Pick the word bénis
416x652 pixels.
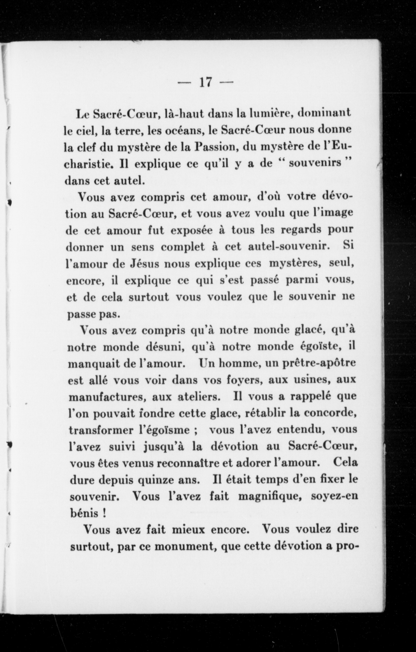tap(84, 514)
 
